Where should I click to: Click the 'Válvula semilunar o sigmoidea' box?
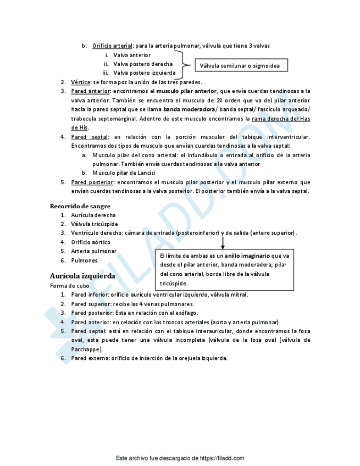(240, 66)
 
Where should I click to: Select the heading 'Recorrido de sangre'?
(80, 206)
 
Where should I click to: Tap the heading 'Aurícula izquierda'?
(82, 276)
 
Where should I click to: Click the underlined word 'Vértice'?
(81, 82)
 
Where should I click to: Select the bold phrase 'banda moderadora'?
(189, 109)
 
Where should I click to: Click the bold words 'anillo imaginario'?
(247, 256)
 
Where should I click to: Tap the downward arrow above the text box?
(223, 241)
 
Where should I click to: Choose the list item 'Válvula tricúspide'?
(95, 224)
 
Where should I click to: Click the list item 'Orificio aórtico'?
(91, 242)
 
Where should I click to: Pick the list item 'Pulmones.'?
(85, 260)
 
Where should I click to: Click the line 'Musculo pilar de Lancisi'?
(124, 173)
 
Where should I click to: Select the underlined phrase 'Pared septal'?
(90, 136)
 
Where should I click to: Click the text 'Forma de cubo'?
(69, 286)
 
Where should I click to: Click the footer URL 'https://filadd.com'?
(222, 458)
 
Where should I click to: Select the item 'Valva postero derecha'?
(143, 64)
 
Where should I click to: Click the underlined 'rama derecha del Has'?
(281, 118)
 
